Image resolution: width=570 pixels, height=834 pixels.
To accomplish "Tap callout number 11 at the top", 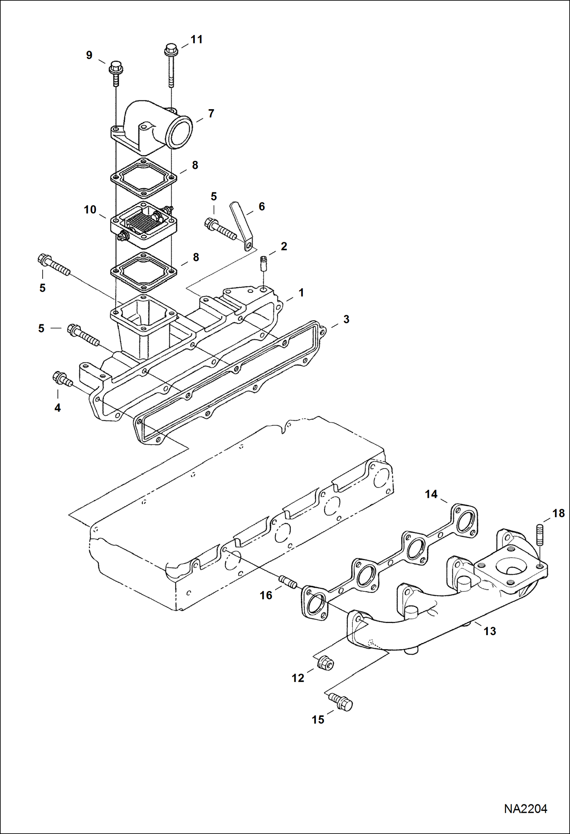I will [196, 40].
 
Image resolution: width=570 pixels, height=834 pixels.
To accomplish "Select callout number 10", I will [90, 210].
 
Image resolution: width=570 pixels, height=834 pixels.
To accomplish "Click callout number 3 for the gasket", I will [346, 319].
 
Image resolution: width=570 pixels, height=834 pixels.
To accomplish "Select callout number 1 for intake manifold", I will [301, 293].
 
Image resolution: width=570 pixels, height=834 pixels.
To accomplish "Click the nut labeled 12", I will [325, 664].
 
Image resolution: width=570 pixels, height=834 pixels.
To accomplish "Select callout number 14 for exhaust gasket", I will [431, 494].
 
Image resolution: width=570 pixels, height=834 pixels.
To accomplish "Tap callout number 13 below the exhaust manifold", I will [490, 631].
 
